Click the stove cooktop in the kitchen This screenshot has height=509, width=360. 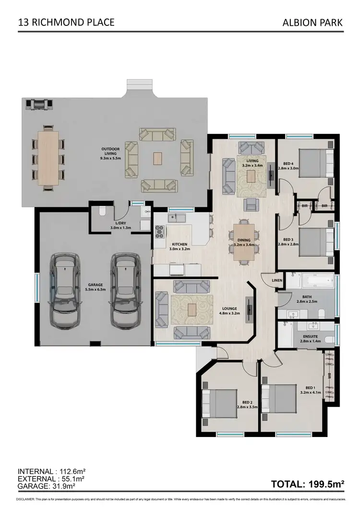click(x=159, y=233)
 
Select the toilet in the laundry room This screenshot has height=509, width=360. click(x=102, y=212)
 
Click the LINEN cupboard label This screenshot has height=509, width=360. click(x=277, y=281)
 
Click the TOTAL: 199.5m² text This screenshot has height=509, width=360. click(x=308, y=484)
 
